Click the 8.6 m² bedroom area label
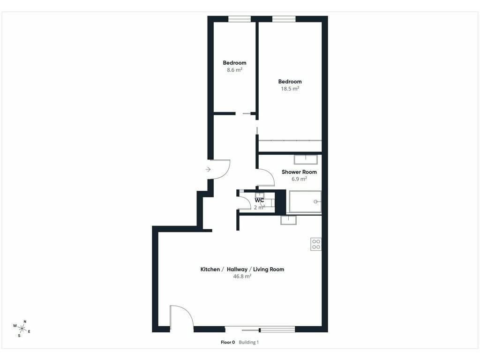pos(234,70)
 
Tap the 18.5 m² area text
pos(290,89)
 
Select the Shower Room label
pos(299,172)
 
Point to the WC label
pos(259,200)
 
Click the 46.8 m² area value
pos(242,276)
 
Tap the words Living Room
pos(269,270)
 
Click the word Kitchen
pos(210,270)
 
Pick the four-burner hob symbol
pos(316,244)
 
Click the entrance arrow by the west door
pos(208,169)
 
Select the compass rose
pos(22,329)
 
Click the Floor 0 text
pos(228,342)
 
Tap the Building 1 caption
pos(248,342)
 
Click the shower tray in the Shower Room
pos(305,202)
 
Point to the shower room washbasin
pos(306,160)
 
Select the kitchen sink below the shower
pos(288,220)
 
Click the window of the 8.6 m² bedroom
pos(240,19)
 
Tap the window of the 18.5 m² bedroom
pos(284,19)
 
